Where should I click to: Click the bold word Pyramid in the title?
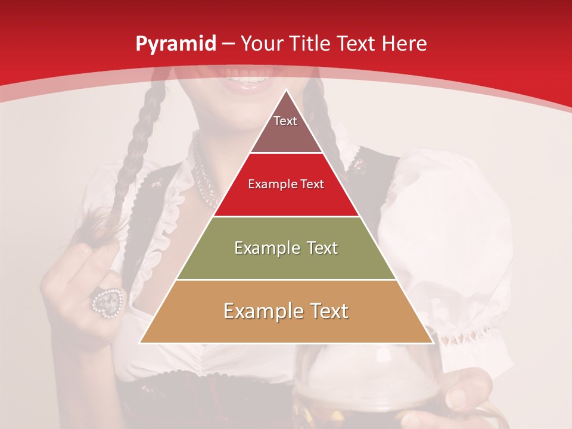click(x=175, y=44)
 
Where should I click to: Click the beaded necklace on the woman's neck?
click(x=203, y=173)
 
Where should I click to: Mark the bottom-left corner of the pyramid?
click(x=140, y=343)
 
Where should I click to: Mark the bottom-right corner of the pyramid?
click(x=433, y=343)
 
